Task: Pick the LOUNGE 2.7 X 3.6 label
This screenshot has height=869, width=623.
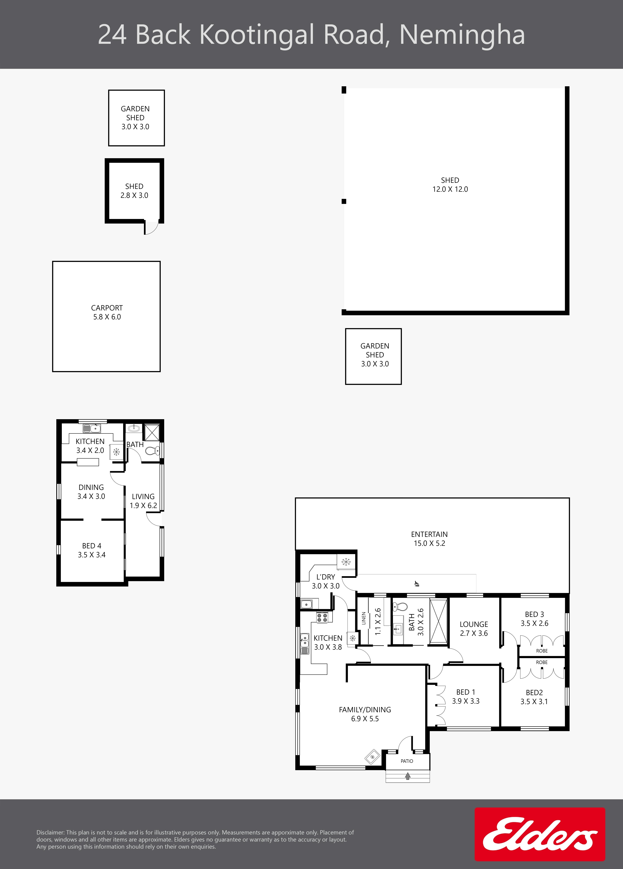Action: coord(474,629)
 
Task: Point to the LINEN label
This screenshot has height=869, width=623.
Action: coord(364,619)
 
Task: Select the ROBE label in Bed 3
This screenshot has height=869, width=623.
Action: coord(542,651)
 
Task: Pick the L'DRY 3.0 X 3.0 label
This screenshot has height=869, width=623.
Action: coord(326,581)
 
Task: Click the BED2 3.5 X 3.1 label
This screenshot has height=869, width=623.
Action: coord(534,697)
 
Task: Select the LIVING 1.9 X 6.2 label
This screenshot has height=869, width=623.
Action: coord(143,501)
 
